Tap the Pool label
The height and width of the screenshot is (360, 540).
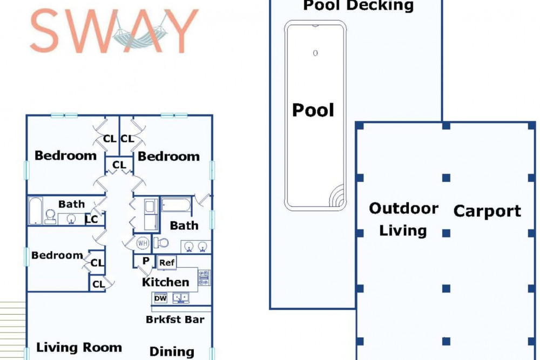coord(313,110)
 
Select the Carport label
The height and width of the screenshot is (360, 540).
coord(487,211)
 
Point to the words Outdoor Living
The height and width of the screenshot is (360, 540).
coord(403,220)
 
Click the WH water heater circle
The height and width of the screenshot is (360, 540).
coord(143,243)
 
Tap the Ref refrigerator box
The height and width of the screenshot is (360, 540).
coord(167,263)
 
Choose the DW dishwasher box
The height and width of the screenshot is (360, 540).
coord(160,298)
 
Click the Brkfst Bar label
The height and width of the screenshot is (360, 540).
coord(175,320)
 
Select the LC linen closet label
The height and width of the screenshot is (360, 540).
coord(92,219)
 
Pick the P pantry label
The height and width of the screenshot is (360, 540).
coord(146,261)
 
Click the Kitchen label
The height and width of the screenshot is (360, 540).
coord(165,282)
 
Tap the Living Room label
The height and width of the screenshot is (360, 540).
coord(79,347)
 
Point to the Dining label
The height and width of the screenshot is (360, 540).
coord(172,352)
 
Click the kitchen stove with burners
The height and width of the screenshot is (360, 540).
coord(204,278)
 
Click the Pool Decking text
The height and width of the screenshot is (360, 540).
coord(359,5)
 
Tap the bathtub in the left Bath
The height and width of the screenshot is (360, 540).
coord(36,210)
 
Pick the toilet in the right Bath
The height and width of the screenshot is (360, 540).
coord(161,243)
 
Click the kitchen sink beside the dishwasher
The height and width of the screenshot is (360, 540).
coord(181,298)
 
